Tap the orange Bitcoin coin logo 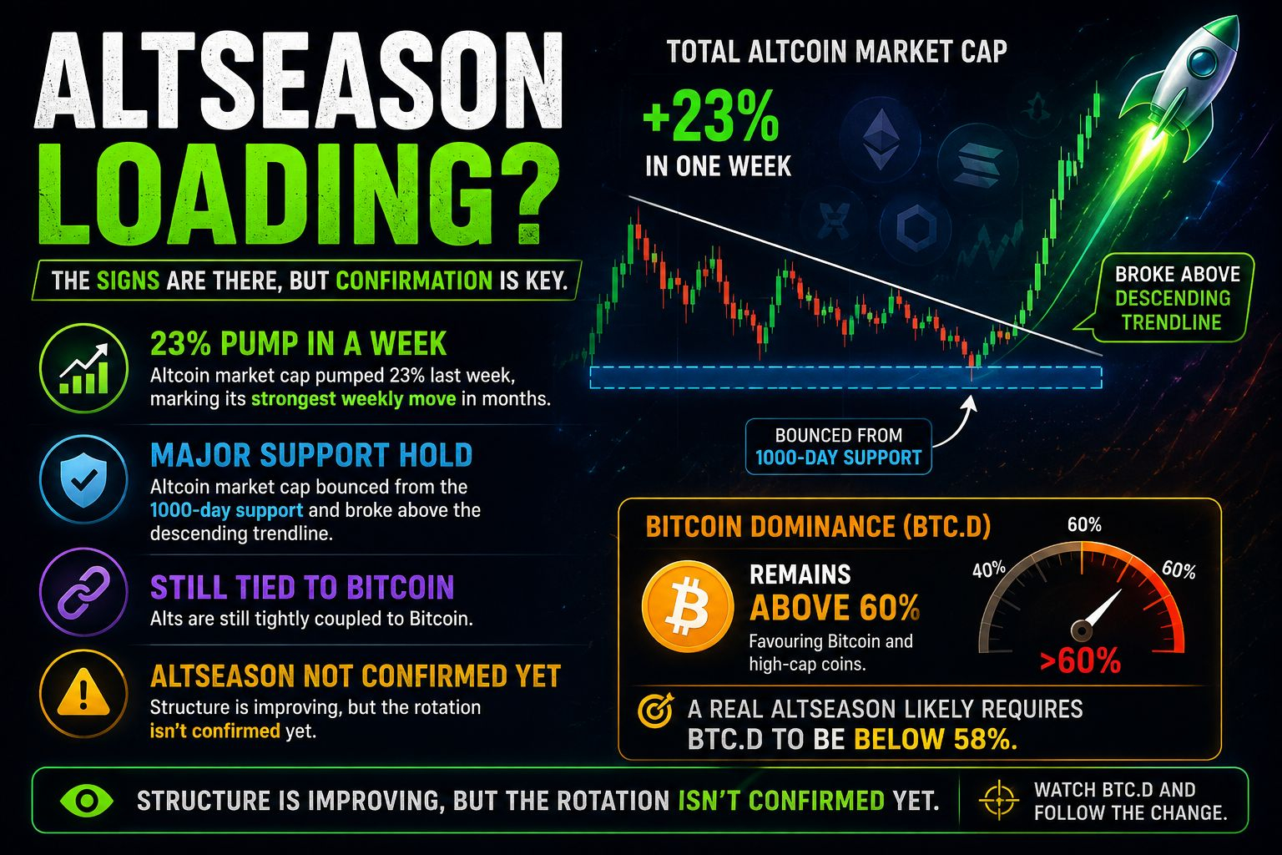(x=688, y=607)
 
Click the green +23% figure (x=711, y=116)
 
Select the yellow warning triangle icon (x=83, y=693)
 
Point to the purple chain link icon (x=83, y=592)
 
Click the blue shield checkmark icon (x=83, y=480)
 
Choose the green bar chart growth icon (x=83, y=368)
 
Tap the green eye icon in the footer (x=87, y=800)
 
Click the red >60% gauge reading (x=1080, y=660)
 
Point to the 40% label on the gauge (x=989, y=569)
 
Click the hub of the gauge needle (x=1081, y=631)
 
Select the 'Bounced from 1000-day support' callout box (x=839, y=447)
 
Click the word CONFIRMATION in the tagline (x=414, y=281)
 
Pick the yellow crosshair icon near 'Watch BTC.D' (x=999, y=799)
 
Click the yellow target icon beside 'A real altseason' (x=655, y=711)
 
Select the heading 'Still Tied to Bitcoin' (x=302, y=588)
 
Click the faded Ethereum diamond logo (x=881, y=139)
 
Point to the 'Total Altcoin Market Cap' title (x=837, y=52)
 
